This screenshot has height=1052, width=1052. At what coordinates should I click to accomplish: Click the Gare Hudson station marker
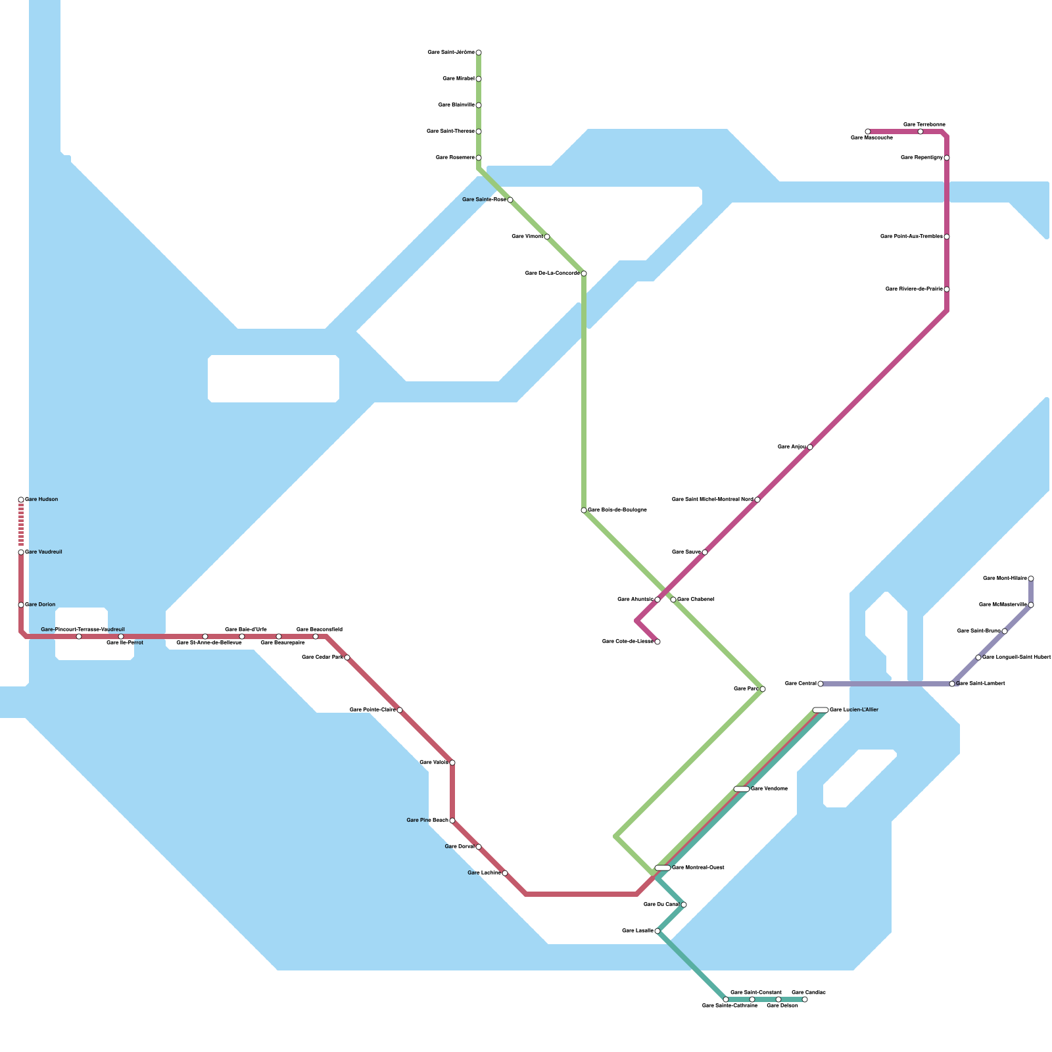pos(21,500)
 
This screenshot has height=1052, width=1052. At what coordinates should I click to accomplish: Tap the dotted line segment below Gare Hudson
pos(21,525)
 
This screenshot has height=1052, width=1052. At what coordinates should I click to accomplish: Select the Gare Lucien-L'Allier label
pos(854,710)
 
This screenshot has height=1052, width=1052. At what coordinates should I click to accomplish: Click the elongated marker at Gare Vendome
pos(742,789)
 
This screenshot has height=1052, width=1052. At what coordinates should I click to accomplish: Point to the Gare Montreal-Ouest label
pos(698,868)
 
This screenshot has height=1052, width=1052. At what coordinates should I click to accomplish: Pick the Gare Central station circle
pos(821,684)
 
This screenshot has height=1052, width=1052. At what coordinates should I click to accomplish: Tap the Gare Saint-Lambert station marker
pos(952,684)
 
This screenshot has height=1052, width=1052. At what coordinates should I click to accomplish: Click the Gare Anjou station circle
pos(810,447)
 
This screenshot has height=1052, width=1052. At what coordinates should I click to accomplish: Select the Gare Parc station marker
pos(763,689)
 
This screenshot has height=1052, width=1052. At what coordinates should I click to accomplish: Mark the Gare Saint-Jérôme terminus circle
pos(479,53)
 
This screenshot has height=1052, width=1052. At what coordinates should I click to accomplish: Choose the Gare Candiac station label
pos(809,992)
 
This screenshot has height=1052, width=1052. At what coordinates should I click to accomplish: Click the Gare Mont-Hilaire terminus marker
pos(1031,579)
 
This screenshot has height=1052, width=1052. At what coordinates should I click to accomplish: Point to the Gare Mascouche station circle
pos(868,131)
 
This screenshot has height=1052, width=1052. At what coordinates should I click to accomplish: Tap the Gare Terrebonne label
pos(924,124)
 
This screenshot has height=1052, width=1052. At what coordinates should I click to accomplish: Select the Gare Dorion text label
pos(41,605)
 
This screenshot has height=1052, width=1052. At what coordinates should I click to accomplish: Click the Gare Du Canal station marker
pos(684,905)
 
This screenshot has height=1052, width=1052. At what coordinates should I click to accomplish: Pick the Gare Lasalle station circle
pos(657,931)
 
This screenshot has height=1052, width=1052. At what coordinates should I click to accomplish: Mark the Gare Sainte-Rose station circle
pos(510,200)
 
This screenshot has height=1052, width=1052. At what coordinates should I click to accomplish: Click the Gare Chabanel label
pos(696,600)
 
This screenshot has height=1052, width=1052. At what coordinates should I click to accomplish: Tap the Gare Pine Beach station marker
pos(452,821)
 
